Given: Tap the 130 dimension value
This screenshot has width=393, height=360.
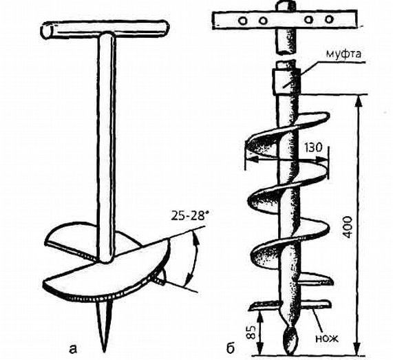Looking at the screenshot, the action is point(314,148).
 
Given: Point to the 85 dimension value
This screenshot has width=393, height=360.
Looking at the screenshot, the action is point(253,332).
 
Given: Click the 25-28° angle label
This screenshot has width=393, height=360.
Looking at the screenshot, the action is point(190,215).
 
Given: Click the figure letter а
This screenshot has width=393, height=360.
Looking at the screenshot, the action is point(73,349).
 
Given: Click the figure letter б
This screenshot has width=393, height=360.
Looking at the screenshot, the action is point(230,348).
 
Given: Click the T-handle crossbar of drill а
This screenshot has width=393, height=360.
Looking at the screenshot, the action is point(105,28).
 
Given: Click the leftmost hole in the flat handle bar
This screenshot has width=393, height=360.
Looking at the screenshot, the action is point(243,21).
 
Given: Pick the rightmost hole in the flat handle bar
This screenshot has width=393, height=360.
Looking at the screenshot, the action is point(329,19).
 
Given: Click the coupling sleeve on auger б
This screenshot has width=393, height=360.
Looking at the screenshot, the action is point(286,81).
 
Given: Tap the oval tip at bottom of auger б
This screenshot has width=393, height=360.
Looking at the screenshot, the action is point(291,339).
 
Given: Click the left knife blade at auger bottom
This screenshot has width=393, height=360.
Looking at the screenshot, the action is point(265,305).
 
